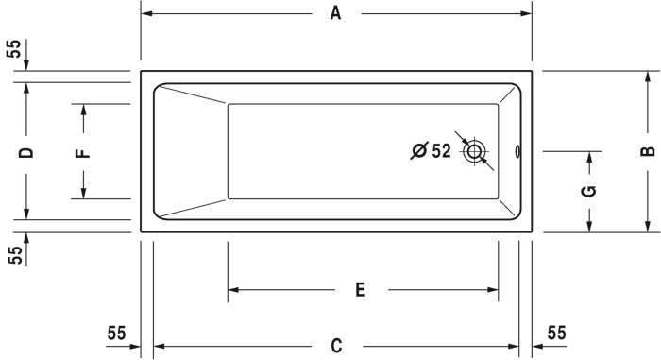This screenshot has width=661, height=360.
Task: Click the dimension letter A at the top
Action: [x=335, y=13]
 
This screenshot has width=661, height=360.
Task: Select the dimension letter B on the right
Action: [x=648, y=151]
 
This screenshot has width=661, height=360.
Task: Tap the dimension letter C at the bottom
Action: [x=336, y=346]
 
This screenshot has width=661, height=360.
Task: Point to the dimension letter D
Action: [x=26, y=153]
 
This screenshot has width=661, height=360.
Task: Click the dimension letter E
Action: [x=360, y=290]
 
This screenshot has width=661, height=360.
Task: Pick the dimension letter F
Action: [x=83, y=153]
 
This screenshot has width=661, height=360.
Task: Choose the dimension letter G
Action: [x=589, y=191]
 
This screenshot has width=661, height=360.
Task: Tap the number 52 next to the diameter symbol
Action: [x=441, y=150]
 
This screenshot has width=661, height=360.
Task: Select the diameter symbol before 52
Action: [x=419, y=150]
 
